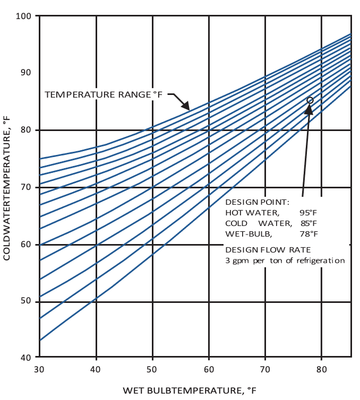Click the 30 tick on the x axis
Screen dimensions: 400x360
coord(39,369)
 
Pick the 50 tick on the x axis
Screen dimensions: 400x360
coord(152,369)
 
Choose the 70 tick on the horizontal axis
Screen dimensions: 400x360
coord(265,369)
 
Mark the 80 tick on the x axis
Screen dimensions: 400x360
coord(321,369)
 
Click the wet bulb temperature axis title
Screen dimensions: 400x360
coord(190,391)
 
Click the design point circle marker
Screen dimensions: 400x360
coord(310,100)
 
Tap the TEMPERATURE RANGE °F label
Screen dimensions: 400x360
coord(103,95)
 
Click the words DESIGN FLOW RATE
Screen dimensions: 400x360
coord(261,250)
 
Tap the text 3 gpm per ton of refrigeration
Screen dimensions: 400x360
coord(285,260)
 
